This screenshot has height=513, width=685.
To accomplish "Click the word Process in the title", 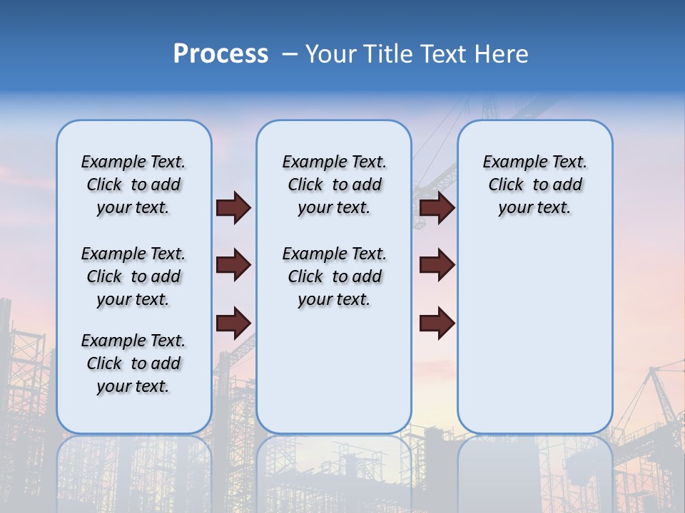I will pyautogui.click(x=220, y=54).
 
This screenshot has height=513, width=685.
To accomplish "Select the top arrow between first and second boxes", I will pyautogui.click(x=233, y=208).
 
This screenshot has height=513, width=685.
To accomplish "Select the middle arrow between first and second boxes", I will pyautogui.click(x=233, y=265).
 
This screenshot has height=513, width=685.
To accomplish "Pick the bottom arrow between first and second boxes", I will pyautogui.click(x=233, y=323).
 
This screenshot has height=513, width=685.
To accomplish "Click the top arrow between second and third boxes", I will pyautogui.click(x=437, y=208).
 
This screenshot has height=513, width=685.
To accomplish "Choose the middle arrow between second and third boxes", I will pyautogui.click(x=437, y=265).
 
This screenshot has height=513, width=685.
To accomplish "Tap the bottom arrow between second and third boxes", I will pyautogui.click(x=437, y=323).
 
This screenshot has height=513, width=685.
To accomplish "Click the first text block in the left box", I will pyautogui.click(x=133, y=185).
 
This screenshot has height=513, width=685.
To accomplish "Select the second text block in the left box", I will pyautogui.click(x=133, y=276).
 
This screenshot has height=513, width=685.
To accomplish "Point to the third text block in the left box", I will pyautogui.click(x=133, y=363).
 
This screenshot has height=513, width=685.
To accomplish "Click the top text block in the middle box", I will pyautogui.click(x=334, y=185).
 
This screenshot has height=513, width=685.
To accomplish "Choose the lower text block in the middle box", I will pyautogui.click(x=334, y=276).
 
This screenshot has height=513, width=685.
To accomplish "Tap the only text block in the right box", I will pyautogui.click(x=534, y=185).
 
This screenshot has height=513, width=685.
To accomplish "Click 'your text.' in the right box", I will pyautogui.click(x=534, y=208).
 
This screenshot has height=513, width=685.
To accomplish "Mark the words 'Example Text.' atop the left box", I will pyautogui.click(x=133, y=162).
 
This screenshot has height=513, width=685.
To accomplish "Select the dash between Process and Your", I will pyautogui.click(x=290, y=54).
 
